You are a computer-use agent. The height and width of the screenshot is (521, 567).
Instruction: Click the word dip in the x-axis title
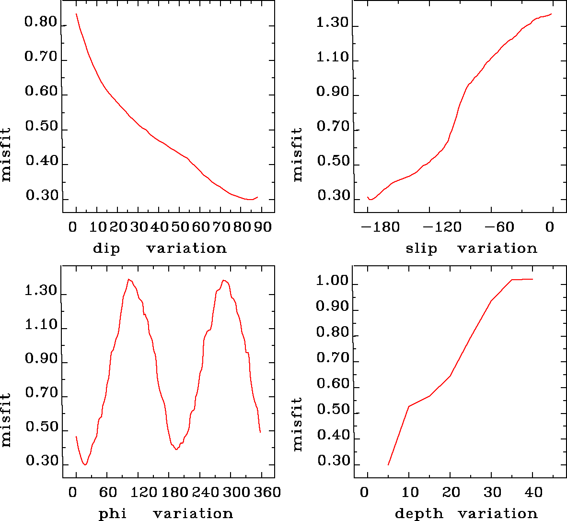[x=106, y=249]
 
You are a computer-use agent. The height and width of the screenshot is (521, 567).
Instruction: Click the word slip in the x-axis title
[x=421, y=249]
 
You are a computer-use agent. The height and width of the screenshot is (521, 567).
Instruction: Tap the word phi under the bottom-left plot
[x=113, y=514]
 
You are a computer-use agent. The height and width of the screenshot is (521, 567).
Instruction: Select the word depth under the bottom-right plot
[x=419, y=514]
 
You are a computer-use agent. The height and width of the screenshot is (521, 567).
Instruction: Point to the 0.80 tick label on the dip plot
[x=41, y=23]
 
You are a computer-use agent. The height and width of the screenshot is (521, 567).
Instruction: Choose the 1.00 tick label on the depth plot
[x=332, y=281]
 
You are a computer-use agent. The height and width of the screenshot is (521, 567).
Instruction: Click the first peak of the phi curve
[x=128, y=279]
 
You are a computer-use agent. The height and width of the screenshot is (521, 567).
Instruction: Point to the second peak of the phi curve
[x=224, y=280]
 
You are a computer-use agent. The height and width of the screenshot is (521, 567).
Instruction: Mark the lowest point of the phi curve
[x=85, y=464]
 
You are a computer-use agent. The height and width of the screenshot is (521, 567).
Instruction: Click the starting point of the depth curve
[x=388, y=464]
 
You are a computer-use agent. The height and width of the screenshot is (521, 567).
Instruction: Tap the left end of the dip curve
[x=76, y=14]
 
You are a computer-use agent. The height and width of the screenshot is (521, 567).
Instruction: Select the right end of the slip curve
[x=552, y=14]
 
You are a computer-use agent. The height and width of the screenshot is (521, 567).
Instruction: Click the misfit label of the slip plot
[x=298, y=154]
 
